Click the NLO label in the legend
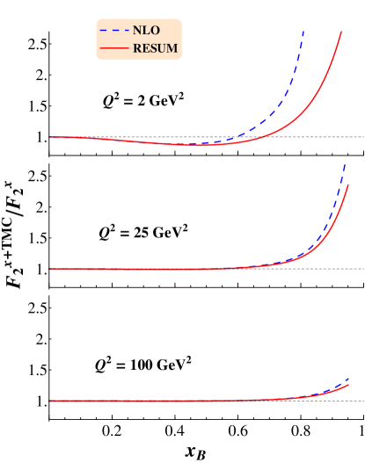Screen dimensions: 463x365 [146, 30]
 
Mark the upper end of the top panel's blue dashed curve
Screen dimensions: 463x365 [304, 31]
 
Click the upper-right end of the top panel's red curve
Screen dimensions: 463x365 [341, 32]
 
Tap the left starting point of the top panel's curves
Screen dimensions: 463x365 [51, 137]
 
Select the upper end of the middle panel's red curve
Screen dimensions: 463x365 [349, 184]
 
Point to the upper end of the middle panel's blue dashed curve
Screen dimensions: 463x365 [346, 163]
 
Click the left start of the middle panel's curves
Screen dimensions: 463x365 [51, 269]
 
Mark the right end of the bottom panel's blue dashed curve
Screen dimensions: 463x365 [349, 379]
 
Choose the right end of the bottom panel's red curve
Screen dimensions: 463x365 [349, 385]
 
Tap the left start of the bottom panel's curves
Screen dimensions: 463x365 [51, 401]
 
